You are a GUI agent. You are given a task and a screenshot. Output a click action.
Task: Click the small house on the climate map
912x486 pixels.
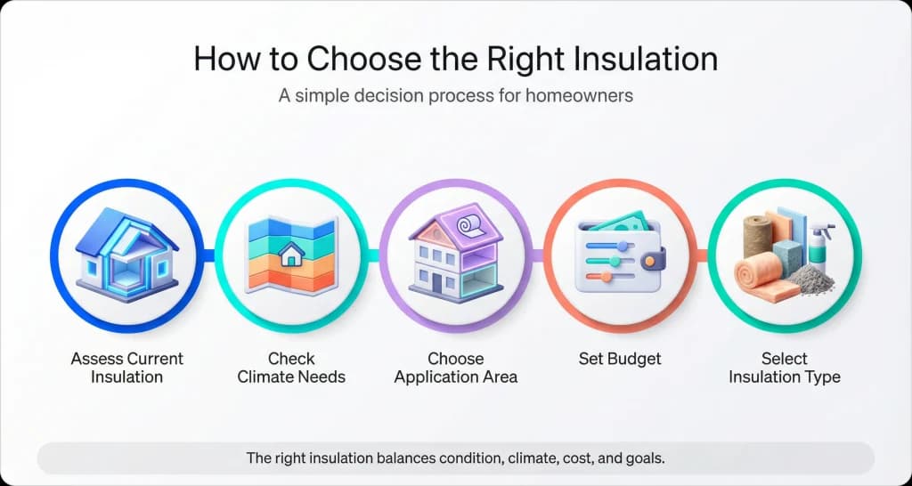pyautogui.click(x=290, y=255)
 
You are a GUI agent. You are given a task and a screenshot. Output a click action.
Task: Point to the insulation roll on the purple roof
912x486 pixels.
pyautogui.click(x=468, y=228)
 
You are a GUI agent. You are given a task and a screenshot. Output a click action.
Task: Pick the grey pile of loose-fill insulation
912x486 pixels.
pyautogui.click(x=810, y=280)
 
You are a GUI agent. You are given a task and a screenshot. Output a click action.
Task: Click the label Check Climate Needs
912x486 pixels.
pyautogui.click(x=291, y=368)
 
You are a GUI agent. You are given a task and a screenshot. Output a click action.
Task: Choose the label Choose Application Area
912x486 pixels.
pyautogui.click(x=455, y=368)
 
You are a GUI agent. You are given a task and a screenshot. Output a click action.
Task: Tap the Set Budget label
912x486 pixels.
pyautogui.click(x=620, y=359)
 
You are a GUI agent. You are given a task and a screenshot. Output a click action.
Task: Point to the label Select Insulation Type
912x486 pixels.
pyautogui.click(x=784, y=368)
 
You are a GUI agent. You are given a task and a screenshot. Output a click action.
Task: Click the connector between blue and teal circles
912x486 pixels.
pyautogui.click(x=208, y=255)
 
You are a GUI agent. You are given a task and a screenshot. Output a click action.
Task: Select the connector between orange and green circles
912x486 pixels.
pyautogui.click(x=701, y=255)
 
